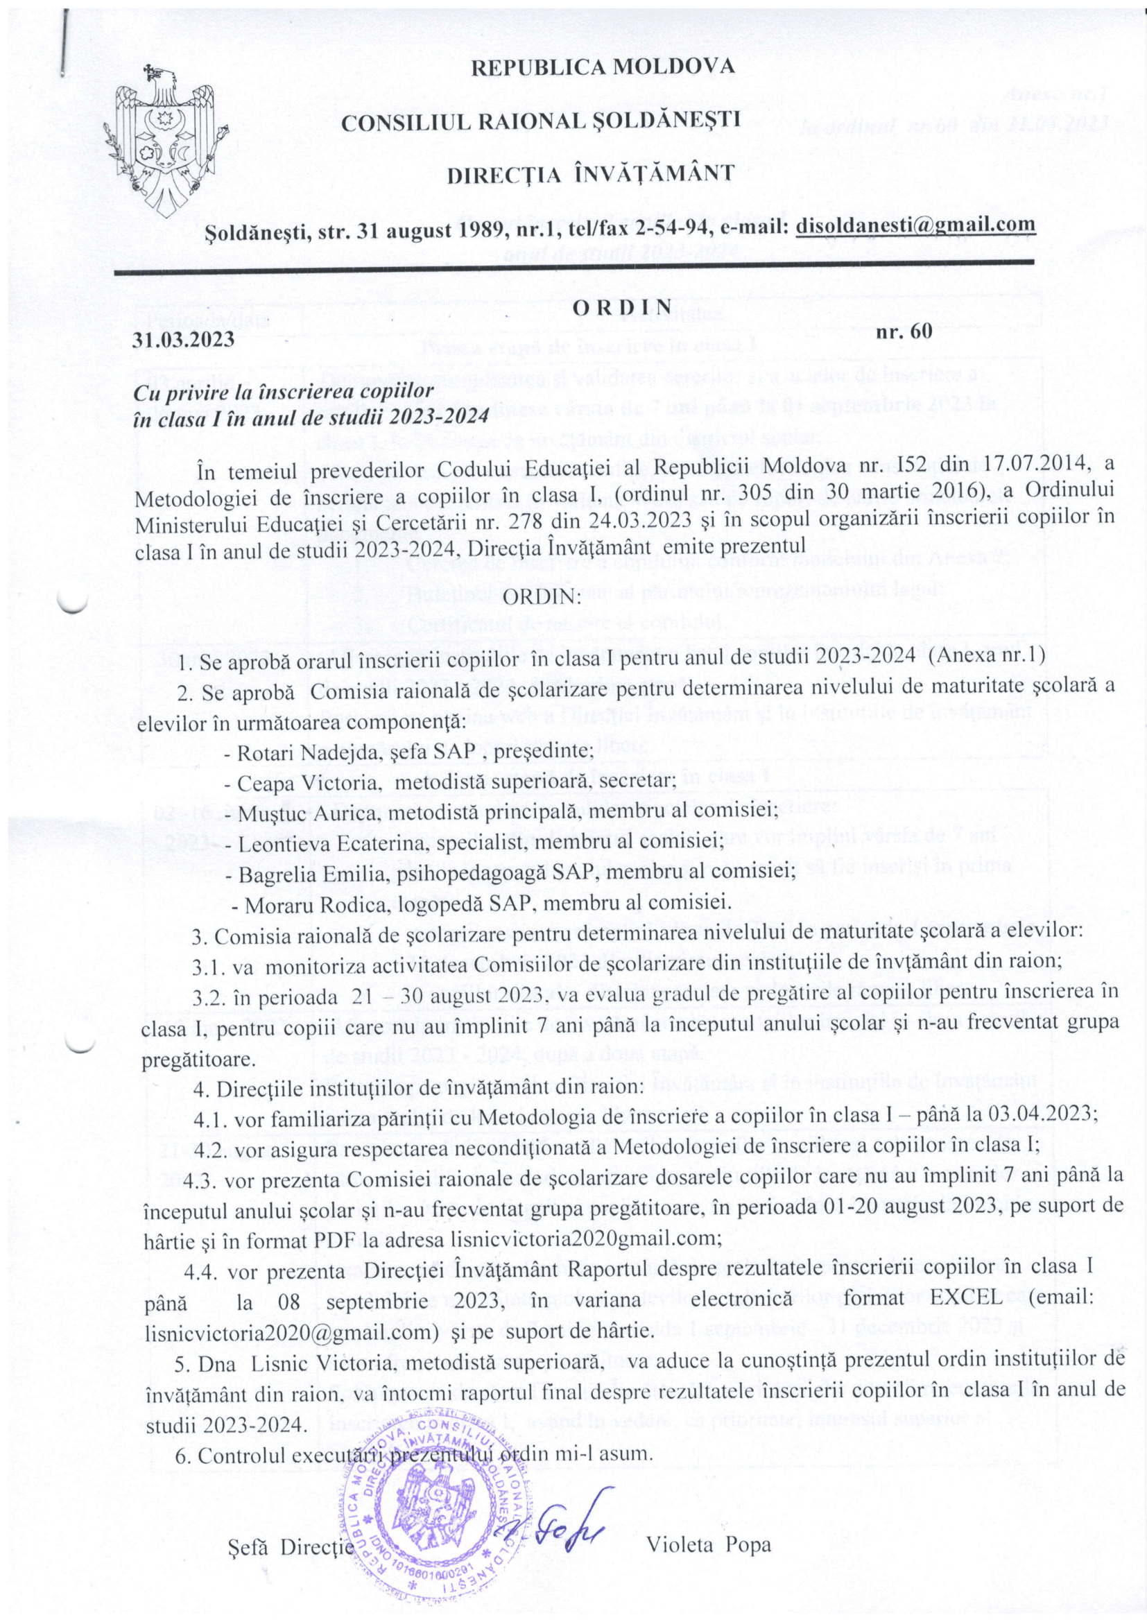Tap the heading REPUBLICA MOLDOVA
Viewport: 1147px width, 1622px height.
[x=602, y=68]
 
